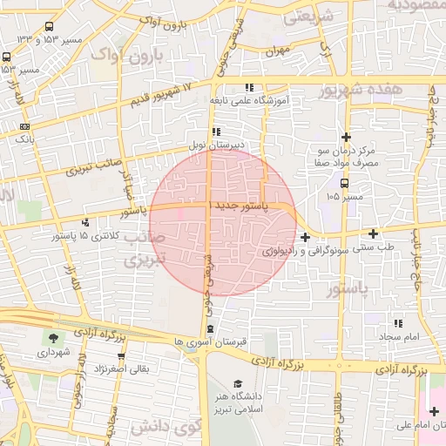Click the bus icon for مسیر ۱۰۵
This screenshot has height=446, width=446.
[346, 184]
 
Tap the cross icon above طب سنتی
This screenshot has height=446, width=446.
[374, 233]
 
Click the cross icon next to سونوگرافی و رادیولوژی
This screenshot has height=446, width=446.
[305, 237]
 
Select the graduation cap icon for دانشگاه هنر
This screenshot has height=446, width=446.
[238, 383]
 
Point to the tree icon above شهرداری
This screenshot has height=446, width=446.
[56, 338]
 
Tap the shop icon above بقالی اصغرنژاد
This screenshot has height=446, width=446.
[121, 356]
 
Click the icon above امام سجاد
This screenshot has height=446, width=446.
[398, 323]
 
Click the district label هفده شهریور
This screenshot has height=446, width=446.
[360, 90]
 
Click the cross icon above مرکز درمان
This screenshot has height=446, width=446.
[347, 137]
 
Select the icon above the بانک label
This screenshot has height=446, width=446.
[24, 126]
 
